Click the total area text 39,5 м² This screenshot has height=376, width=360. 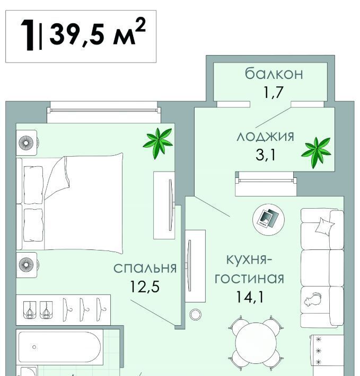click(98, 32)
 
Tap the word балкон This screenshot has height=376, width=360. click(274, 74)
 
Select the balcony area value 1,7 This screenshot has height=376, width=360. click(274, 92)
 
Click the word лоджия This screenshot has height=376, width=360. click(265, 137)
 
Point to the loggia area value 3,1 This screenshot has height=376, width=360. click(266, 155)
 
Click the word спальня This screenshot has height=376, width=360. click(145, 268)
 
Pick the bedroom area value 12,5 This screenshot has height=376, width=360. click(145, 287)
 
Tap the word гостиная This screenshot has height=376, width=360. click(249, 278)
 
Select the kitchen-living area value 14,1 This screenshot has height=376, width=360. click(250, 297)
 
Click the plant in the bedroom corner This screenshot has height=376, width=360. click(158, 143)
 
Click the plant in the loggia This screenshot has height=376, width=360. click(317, 153)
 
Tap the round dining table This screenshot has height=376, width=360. click(256, 343)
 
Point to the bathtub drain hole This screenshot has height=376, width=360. click(34, 347)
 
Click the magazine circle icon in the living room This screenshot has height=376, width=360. click(268, 219)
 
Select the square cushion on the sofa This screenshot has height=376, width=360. click(324, 226)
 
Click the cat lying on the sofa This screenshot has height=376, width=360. click(313, 299)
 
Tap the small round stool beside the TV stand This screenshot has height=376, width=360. click(195, 315)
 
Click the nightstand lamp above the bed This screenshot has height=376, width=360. click(26, 143)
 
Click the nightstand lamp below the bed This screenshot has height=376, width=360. click(26, 265)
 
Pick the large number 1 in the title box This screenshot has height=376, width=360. click(28, 35)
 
